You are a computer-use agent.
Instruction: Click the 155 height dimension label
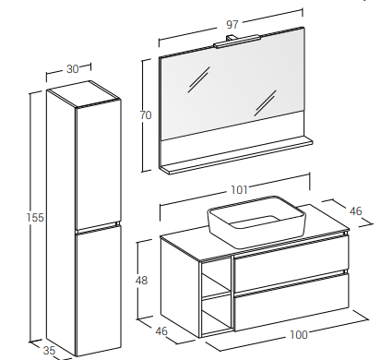35,218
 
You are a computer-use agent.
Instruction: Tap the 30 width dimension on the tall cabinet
73,69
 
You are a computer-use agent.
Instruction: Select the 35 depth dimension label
49,350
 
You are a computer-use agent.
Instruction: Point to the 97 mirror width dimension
232,24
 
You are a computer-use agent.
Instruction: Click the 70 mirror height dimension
146,115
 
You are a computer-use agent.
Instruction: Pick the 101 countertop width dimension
239,190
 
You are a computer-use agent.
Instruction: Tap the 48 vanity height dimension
141,281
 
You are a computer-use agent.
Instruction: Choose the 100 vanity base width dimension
299,334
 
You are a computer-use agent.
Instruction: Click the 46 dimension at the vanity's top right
356,211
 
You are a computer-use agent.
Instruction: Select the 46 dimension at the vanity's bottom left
161,331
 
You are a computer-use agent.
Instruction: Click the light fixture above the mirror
237,42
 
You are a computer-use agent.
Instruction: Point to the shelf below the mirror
236,155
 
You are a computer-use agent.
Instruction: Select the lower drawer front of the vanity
292,303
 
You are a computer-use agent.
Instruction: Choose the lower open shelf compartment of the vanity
216,315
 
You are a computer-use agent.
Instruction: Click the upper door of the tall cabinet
98,164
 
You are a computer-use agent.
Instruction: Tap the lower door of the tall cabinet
98,291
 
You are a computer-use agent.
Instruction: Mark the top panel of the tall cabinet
83,94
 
